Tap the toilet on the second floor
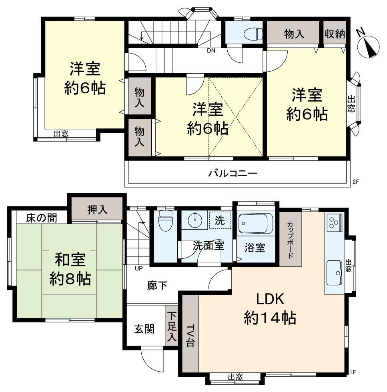(x=253, y=34)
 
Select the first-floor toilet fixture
(x=165, y=221)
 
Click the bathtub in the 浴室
(x=255, y=223)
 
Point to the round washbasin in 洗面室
(x=195, y=221)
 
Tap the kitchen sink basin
(x=334, y=273)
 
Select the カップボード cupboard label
(x=290, y=240)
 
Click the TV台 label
(x=190, y=336)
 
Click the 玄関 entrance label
(x=144, y=329)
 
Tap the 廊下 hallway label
(x=157, y=285)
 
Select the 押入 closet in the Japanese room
(x=97, y=209)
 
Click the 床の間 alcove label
(x=42, y=218)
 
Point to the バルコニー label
(x=233, y=173)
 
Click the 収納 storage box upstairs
(x=335, y=34)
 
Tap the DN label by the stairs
(x=211, y=50)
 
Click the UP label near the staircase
(x=138, y=268)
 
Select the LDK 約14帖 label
(x=270, y=308)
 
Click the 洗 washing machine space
(x=220, y=220)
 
